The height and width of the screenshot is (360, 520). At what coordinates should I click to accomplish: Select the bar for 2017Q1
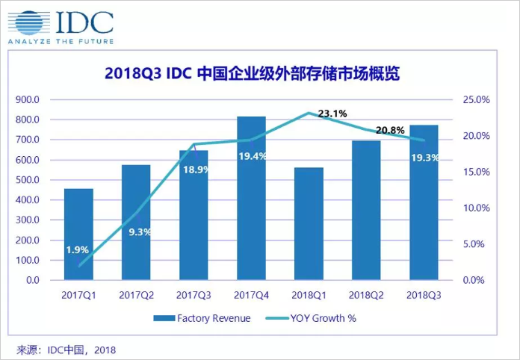(78, 235)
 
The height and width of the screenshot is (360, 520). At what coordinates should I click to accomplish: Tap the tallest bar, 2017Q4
(251, 199)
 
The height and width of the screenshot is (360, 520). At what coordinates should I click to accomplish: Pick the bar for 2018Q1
(309, 224)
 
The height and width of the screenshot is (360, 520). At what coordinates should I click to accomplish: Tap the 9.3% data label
(139, 232)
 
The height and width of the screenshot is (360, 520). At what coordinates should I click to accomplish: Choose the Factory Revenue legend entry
(202, 318)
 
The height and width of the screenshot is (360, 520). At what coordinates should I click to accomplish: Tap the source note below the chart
(66, 349)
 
